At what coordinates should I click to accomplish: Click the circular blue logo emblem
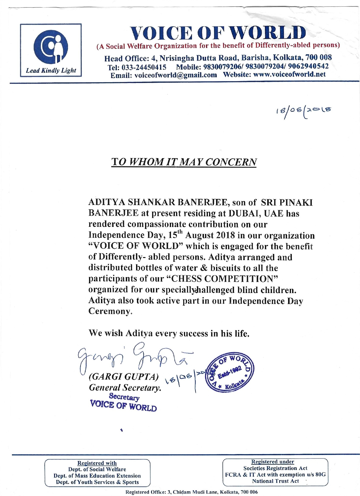(51, 47)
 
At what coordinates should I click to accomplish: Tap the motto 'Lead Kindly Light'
(51, 71)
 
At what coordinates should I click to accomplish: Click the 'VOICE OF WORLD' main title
(218, 32)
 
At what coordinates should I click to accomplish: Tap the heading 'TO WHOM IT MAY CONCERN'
(184, 161)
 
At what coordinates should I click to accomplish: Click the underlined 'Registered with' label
(97, 463)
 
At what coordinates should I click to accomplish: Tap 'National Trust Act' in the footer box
(275, 481)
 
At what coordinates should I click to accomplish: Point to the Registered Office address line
(191, 492)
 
